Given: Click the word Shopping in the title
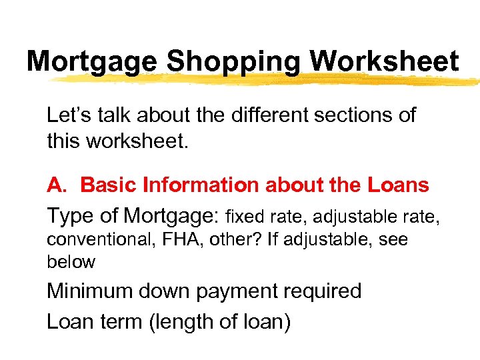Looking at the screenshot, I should pyautogui.click(x=234, y=62).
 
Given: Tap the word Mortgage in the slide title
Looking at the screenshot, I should pyautogui.click(x=92, y=62).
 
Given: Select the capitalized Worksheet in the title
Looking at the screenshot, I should pyautogui.click(x=384, y=62).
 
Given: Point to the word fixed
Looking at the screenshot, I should pyautogui.click(x=245, y=217).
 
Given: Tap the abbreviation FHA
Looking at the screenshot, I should pyautogui.click(x=174, y=239).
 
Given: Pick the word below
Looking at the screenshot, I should pyautogui.click(x=71, y=262).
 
